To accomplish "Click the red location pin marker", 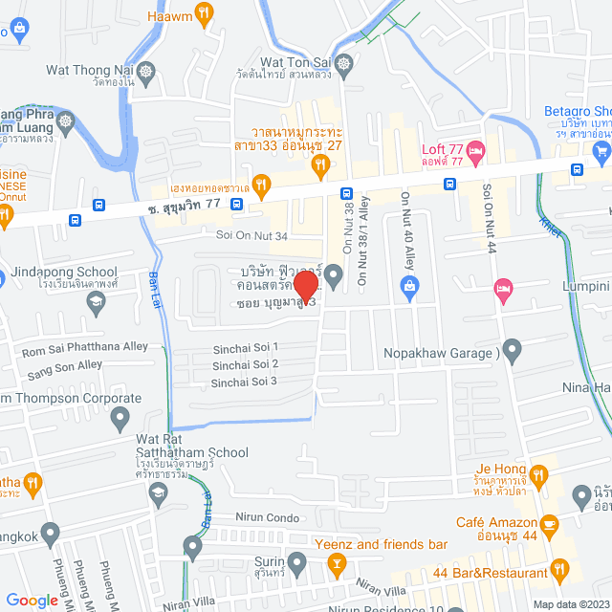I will click(306, 284).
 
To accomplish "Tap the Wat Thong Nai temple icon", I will click(145, 71).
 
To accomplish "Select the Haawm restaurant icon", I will click(204, 13).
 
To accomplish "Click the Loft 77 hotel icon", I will click(478, 151).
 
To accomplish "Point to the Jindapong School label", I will click(66, 272).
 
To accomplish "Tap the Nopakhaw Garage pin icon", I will click(512, 350).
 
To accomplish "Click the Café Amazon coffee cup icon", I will click(549, 523).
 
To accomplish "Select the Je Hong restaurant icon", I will click(538, 473).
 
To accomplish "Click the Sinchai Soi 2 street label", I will click(246, 364).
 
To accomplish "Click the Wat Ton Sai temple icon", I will click(346, 65).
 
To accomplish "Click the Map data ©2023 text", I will click(570, 603).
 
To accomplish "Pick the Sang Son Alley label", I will click(63, 365).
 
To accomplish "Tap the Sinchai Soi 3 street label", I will click(246, 382).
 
